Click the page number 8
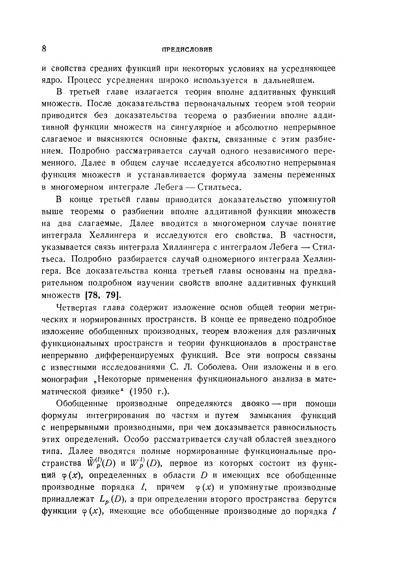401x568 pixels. (x=43, y=49)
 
